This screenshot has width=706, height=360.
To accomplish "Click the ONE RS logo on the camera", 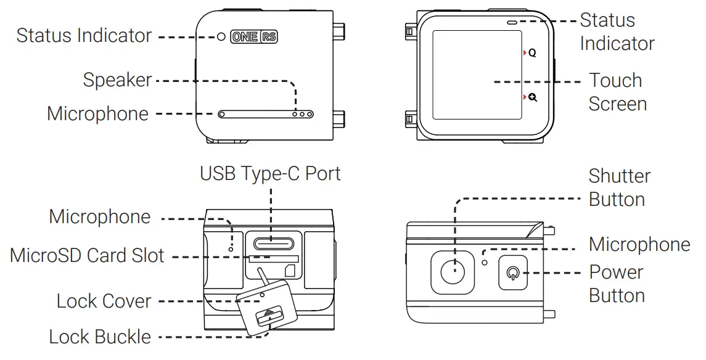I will point(253,36).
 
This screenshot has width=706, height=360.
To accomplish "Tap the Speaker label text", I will point(117,80).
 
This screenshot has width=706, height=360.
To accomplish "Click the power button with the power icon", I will point(512,272).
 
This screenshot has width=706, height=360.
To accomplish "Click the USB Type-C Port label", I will point(270,173).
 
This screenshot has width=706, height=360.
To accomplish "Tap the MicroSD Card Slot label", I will point(87,255).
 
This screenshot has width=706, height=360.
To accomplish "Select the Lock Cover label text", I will point(104,301).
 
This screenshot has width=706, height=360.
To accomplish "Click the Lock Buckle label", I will point(100,337).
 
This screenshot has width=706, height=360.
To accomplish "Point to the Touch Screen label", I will point(617,92).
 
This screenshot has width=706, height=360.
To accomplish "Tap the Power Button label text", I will point(617,284).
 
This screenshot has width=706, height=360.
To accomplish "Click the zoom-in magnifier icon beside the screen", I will point(532,97).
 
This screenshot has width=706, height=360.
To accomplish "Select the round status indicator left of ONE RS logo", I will point(221,37).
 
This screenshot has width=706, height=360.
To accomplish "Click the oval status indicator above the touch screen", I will point(512,21).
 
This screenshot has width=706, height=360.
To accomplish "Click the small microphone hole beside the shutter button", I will point(485,262).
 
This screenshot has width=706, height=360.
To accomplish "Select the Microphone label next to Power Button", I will point(639,244).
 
